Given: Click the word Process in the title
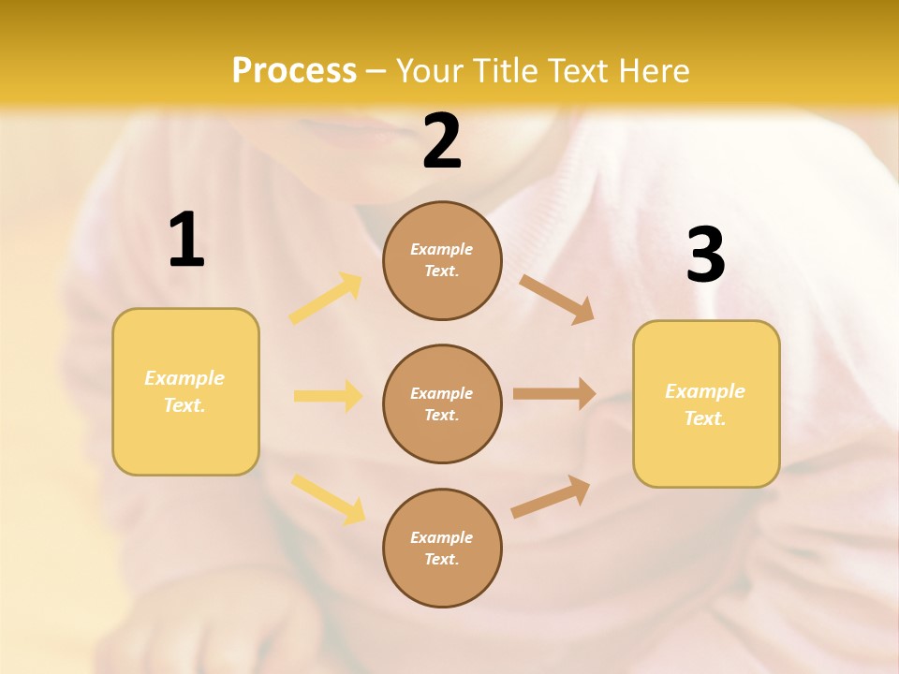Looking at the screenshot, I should pyautogui.click(x=294, y=71).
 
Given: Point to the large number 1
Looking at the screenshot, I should pyautogui.click(x=185, y=241).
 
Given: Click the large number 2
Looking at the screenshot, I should pyautogui.click(x=442, y=141).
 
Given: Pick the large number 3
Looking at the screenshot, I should pyautogui.click(x=705, y=256).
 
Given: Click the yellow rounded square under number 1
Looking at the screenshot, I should pyautogui.click(x=185, y=391).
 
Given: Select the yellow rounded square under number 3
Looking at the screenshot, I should pyautogui.click(x=706, y=403).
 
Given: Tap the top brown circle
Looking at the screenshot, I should pyautogui.click(x=442, y=260).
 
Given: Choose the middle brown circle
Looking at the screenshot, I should pyautogui.click(x=442, y=403).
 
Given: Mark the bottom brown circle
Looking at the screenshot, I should pyautogui.click(x=442, y=548).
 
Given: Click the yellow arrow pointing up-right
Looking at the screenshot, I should pyautogui.click(x=326, y=299).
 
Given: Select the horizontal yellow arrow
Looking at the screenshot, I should pyautogui.click(x=328, y=396).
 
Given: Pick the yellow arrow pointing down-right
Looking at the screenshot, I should pyautogui.click(x=328, y=499).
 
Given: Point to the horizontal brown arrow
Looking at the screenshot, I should pyautogui.click(x=554, y=394).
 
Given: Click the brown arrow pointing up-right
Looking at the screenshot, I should pyautogui.click(x=551, y=497).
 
